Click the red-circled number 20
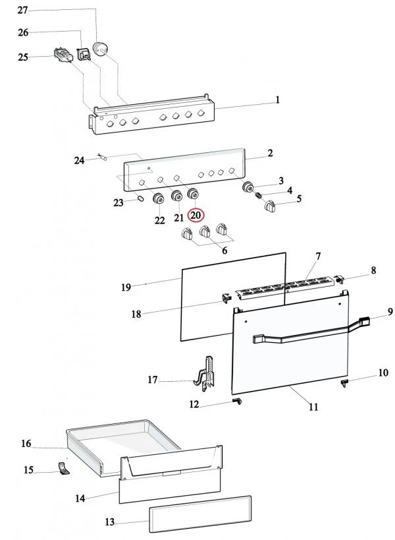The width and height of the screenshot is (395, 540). tap(196, 216)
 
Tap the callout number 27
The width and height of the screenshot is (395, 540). tap(22, 11)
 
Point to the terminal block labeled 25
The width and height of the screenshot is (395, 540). tap(63, 55)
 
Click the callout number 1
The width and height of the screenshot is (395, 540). tap(277, 100)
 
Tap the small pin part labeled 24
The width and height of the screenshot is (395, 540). tap(103, 158)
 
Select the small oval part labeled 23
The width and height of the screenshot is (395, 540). tap(140, 198)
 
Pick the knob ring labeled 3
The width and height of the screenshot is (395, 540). tap(248, 187)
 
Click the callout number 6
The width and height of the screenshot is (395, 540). tap(224, 251)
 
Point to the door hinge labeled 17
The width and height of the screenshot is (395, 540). tap(207, 375)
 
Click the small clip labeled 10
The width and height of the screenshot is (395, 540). tap(344, 383)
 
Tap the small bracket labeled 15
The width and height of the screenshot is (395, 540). tap(63, 469)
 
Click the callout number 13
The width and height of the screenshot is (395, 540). tap(110, 522)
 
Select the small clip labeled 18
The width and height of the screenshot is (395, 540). tap(226, 298)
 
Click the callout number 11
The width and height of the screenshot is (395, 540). tap(313, 407)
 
